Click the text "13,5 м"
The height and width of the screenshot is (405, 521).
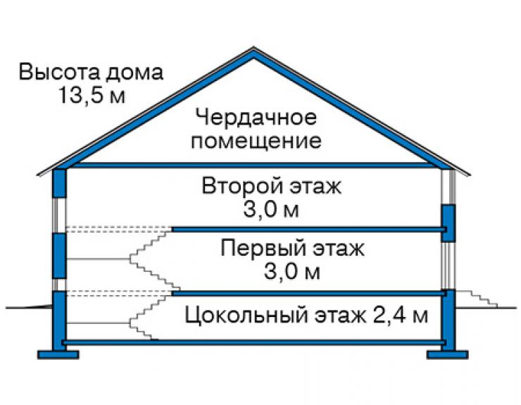[92, 95]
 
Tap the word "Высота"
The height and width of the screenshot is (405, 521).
[58, 72]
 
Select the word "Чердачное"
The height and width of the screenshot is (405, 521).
[256, 118]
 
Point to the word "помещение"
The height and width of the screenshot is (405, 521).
[256, 141]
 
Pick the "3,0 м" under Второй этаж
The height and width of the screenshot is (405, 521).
[271, 209]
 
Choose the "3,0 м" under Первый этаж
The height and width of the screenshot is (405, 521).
[292, 271]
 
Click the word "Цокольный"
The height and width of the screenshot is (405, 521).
[246, 315]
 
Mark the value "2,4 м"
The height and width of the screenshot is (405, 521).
[401, 315]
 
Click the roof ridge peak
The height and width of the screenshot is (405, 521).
[253, 48]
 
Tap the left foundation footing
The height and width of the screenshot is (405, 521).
[58, 354]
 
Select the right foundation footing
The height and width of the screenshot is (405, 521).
[447, 354]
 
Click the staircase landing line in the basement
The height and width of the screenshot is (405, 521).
[98, 323]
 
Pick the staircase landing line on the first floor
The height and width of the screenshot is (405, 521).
[98, 259]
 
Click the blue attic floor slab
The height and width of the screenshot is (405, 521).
[253, 165]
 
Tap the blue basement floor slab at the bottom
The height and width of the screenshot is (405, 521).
[253, 342]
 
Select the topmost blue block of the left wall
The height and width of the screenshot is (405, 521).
[60, 183]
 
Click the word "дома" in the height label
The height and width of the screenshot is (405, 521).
[134, 73]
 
